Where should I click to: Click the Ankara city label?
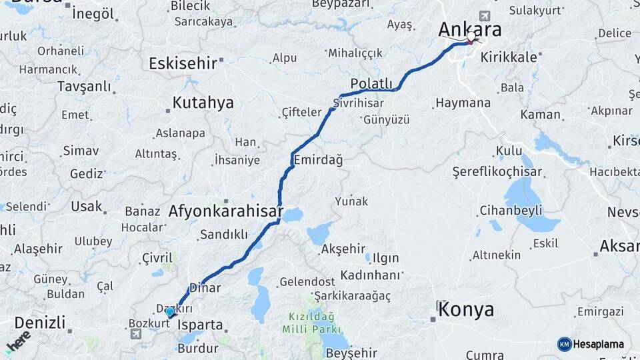(x=469, y=30)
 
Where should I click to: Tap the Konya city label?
(x=467, y=309)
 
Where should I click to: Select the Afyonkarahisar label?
(x=226, y=212)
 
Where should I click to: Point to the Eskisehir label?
(x=183, y=63)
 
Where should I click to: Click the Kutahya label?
(x=203, y=103)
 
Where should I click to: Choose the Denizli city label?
(x=40, y=323)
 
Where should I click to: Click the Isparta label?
(x=201, y=325)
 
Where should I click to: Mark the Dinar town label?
(x=205, y=288)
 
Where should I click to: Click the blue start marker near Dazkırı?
(x=170, y=312)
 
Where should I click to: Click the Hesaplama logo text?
(x=598, y=345)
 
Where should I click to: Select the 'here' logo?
(x=19, y=341)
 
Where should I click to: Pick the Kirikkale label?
(x=509, y=57)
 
